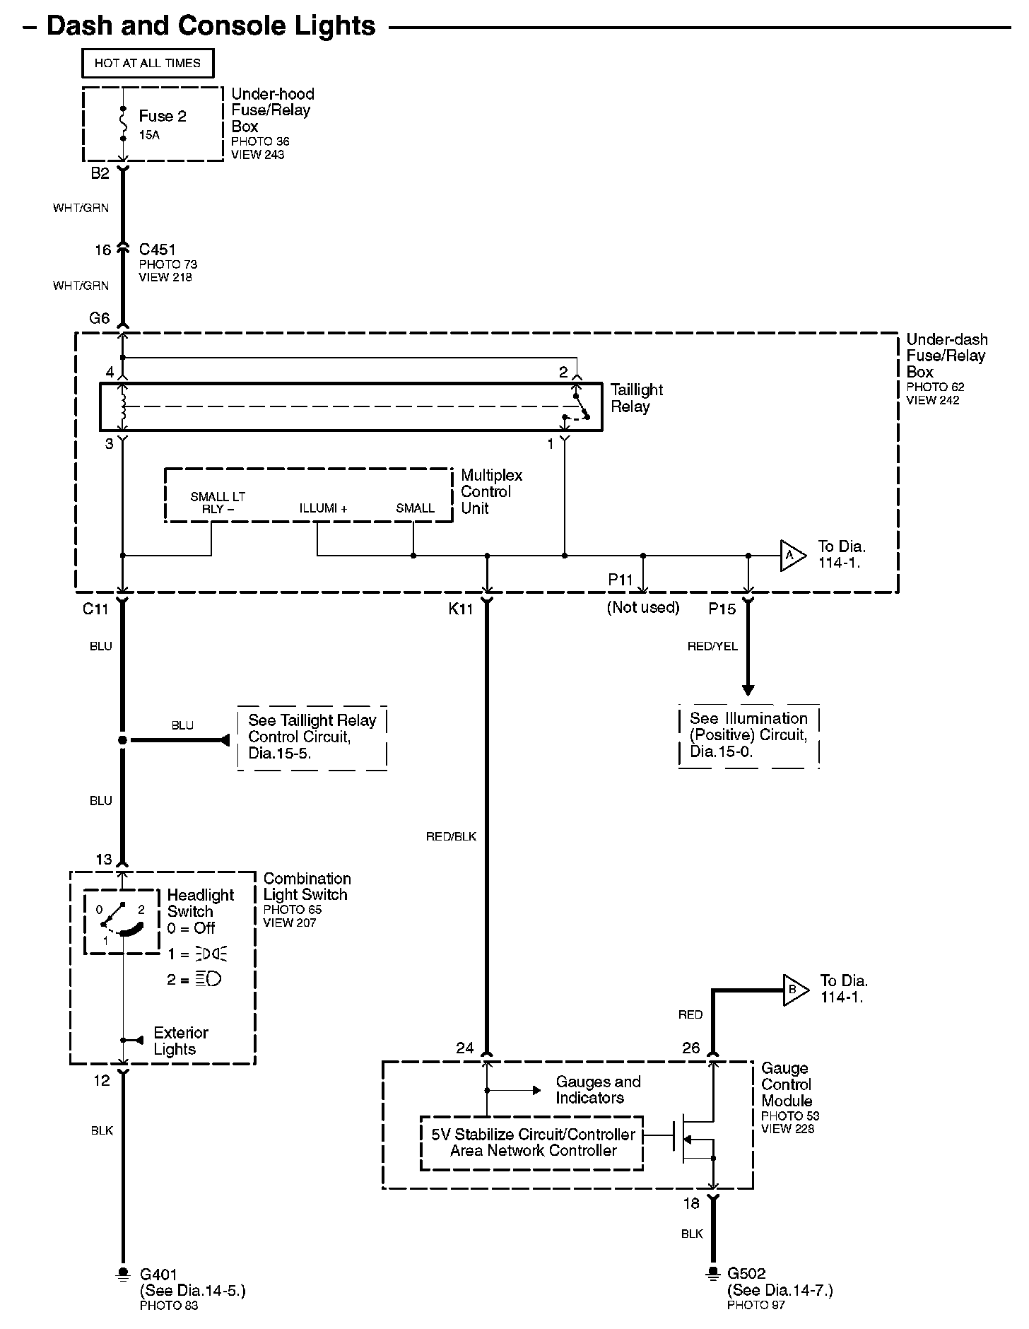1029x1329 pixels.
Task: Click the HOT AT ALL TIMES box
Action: point(148,63)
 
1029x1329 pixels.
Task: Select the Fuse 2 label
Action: point(163,116)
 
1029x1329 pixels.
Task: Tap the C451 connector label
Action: point(157,250)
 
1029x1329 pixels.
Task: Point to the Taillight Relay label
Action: point(637,398)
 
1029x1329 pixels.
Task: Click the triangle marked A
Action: point(792,556)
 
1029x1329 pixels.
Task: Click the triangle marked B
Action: point(795,990)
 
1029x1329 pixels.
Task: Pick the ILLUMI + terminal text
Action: point(323,508)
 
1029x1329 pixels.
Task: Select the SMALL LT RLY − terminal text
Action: point(218,503)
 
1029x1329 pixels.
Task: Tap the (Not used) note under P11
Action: point(643,607)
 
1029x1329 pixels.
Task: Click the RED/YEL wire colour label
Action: point(712,646)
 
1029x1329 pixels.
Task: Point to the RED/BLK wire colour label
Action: point(451,837)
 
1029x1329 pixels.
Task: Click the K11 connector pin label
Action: point(461,609)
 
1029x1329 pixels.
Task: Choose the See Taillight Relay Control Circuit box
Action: point(312,738)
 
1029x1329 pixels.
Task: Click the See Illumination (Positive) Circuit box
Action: point(748,736)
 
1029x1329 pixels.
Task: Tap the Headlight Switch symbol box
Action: point(122,922)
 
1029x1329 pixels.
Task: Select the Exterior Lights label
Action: point(181,1041)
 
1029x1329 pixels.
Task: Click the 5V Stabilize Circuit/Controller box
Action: point(532,1143)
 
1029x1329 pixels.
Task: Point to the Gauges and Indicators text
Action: point(598,1090)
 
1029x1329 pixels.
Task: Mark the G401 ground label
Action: point(159,1275)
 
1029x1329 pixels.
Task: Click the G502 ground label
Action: point(746,1274)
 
